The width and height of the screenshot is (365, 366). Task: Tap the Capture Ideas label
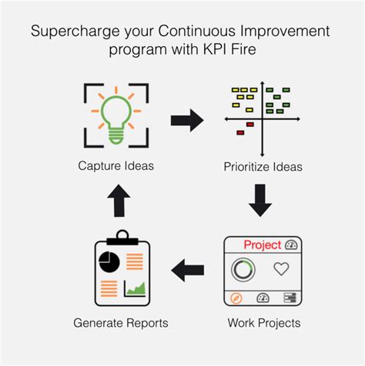click(115, 166)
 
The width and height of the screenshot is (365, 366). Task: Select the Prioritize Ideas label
click(263, 167)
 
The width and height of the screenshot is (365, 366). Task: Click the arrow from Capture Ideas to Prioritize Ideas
click(186, 120)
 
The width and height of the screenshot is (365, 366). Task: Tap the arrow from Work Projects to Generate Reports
click(188, 270)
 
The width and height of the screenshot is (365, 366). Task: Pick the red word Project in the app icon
click(261, 245)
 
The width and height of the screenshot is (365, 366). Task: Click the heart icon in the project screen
click(282, 269)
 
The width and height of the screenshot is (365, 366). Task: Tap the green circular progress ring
click(244, 269)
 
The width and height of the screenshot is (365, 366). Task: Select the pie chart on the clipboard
click(109, 261)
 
